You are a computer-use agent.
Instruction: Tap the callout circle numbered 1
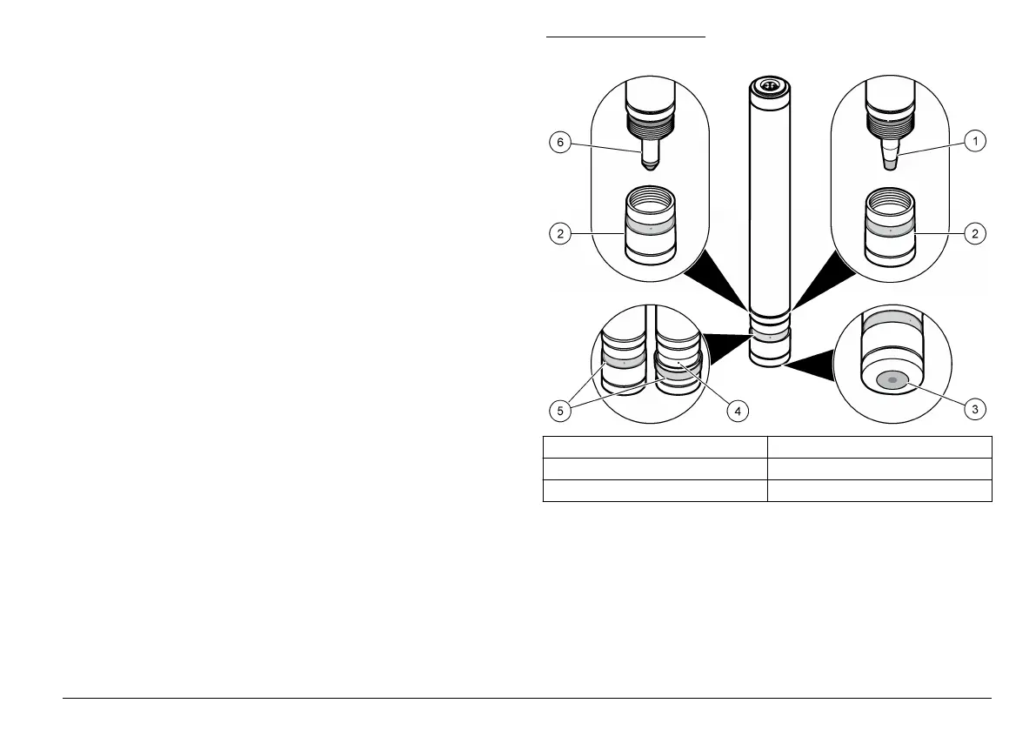tap(977, 140)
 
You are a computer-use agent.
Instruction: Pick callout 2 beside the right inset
tap(977, 233)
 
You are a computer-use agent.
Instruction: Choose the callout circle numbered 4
tap(738, 409)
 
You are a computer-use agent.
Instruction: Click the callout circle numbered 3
tap(977, 409)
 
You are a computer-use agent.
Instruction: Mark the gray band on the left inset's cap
tap(650, 224)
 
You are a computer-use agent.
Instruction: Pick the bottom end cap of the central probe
tap(768, 354)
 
